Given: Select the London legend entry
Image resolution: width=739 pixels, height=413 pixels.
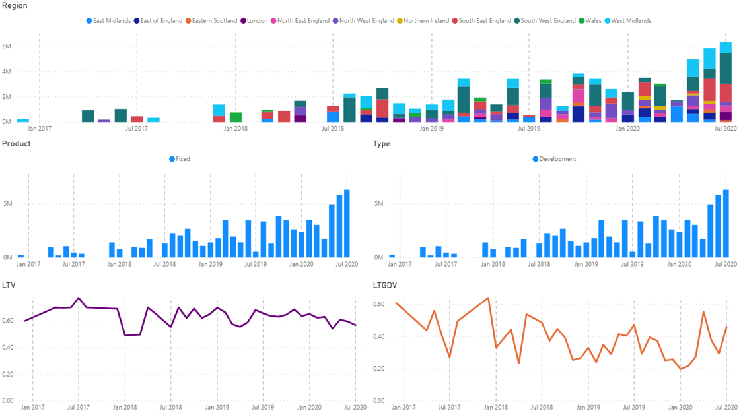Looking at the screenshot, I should (257, 21).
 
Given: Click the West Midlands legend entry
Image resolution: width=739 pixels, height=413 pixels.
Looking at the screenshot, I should (631, 21).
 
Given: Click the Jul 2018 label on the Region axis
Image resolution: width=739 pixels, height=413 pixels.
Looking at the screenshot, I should (333, 129).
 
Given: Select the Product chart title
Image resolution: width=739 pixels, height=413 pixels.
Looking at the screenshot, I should (16, 144).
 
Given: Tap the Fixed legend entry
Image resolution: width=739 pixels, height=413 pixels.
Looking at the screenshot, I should (182, 159).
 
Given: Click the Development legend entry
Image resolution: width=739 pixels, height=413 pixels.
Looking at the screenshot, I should (557, 159).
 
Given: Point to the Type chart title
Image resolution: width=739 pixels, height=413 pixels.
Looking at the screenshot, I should (382, 144).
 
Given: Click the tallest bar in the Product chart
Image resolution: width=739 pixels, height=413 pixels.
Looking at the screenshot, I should (347, 224).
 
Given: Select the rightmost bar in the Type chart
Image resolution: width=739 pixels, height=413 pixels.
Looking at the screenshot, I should (726, 224).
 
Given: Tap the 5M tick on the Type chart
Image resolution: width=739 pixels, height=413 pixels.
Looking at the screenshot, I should (379, 204).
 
